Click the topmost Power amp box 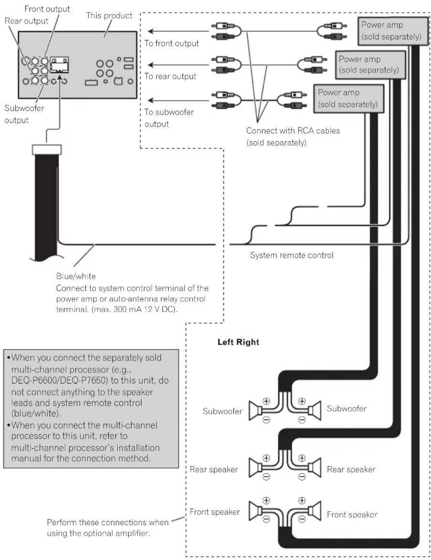393,31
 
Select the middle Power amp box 370,65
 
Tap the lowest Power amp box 349,99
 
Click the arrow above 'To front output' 178,31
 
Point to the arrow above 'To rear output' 178,65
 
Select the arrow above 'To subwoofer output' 178,100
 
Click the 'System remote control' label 292,255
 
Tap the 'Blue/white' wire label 76,276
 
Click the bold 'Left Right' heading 238,342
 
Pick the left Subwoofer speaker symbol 255,411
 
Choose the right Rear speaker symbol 314,467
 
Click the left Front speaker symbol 255,511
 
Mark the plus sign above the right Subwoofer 302,401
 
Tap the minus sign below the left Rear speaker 266,476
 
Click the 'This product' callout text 109,16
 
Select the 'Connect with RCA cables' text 293,131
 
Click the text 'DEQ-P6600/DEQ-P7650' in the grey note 61,381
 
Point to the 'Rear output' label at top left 26,21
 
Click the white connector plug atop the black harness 47,149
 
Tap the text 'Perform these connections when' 107,522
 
